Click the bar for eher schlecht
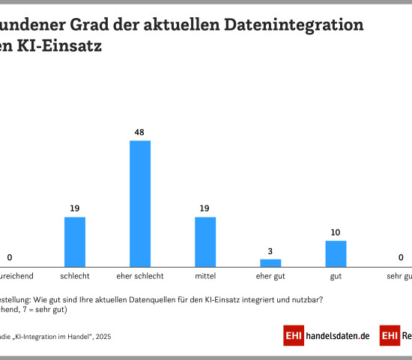pyautogui.click(x=140, y=203)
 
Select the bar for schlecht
pyautogui.click(x=75, y=241)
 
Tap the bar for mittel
pyautogui.click(x=205, y=241)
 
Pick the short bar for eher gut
pyautogui.click(x=270, y=262)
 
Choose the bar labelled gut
pyautogui.click(x=336, y=253)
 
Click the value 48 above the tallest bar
pyautogui.click(x=140, y=132)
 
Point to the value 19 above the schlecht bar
pyautogui.click(x=75, y=208)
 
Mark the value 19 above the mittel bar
pyautogui.click(x=205, y=208)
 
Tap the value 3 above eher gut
pyautogui.click(x=270, y=250)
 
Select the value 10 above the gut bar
pyautogui.click(x=336, y=232)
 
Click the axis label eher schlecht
pyautogui.click(x=140, y=277)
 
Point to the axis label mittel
pyautogui.click(x=205, y=277)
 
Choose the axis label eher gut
pyautogui.click(x=270, y=277)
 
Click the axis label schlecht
pyautogui.click(x=75, y=277)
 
